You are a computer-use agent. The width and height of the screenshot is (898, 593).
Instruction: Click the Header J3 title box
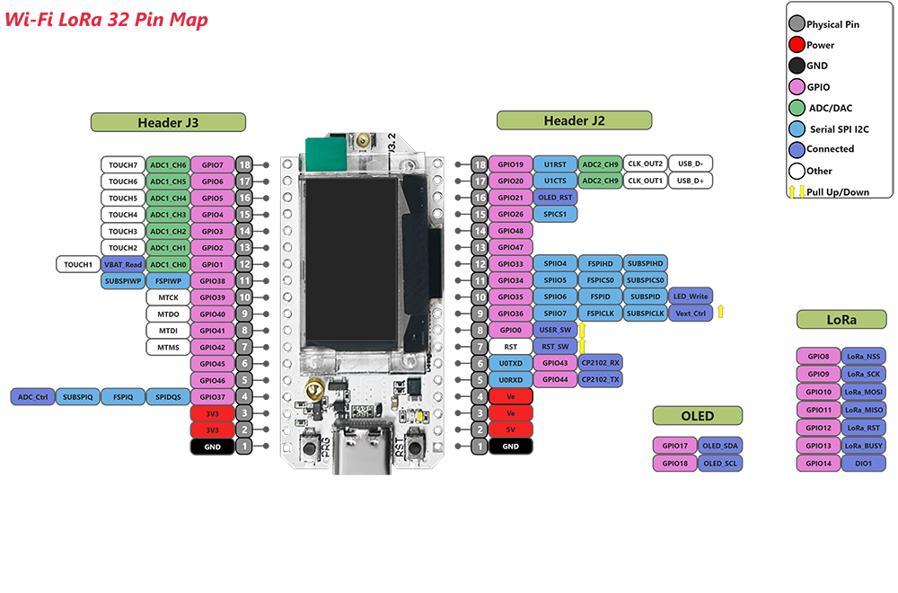[168, 122]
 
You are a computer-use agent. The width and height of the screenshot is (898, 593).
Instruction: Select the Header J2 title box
[574, 120]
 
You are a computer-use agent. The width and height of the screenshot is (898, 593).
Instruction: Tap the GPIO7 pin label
[213, 165]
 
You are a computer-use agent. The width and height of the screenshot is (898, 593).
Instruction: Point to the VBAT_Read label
[123, 264]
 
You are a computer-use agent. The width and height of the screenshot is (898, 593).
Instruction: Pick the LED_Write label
[691, 296]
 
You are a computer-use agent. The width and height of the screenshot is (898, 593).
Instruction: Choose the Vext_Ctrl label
[691, 314]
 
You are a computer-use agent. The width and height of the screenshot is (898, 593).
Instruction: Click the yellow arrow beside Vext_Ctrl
[720, 313]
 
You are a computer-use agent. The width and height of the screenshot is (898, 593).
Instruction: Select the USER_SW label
[555, 330]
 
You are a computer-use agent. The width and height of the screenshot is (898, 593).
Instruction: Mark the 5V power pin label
[511, 429]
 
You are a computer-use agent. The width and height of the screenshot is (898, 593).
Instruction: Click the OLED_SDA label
[720, 446]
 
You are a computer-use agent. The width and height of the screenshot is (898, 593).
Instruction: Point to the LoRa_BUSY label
[863, 446]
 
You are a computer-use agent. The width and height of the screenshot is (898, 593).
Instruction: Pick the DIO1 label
[863, 464]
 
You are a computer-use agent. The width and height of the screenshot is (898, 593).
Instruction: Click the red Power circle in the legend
[796, 45]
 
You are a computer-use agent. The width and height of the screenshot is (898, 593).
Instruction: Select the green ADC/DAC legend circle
[796, 108]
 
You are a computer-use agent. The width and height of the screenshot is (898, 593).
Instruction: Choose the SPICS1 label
[555, 215]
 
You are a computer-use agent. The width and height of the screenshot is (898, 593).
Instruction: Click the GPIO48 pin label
[511, 231]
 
